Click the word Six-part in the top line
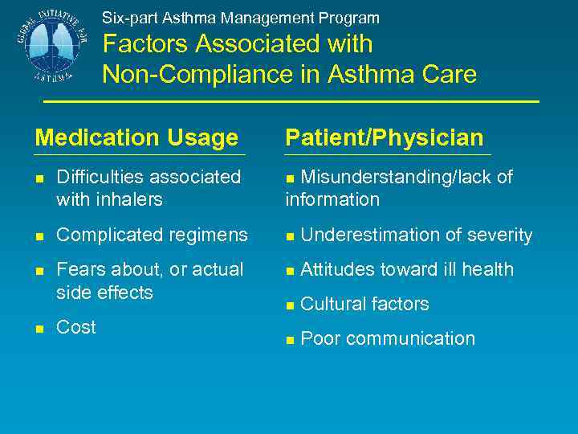click(126, 18)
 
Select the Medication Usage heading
click(136, 138)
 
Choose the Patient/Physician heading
click(385, 138)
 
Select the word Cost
click(76, 327)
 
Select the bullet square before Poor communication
click(290, 340)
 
